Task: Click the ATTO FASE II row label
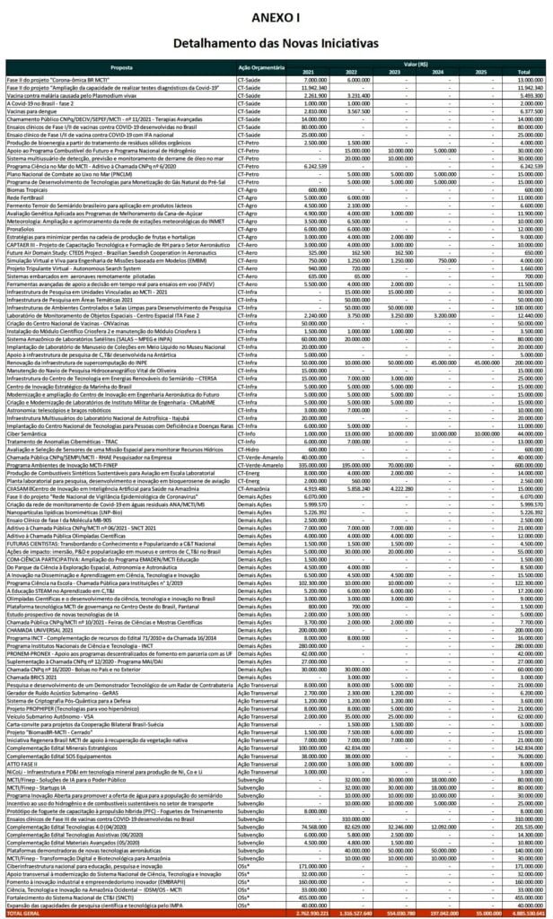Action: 23,768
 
